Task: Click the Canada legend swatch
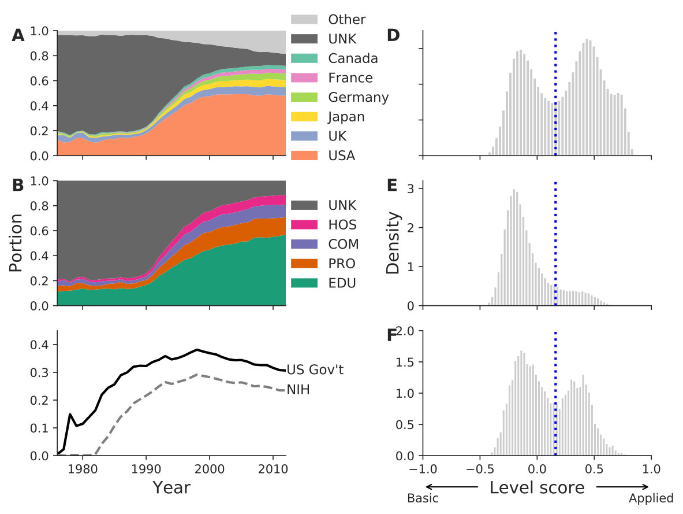[x=304, y=58]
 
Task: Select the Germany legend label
[x=358, y=97]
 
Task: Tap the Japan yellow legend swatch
[x=304, y=116]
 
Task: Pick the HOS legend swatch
[x=304, y=224]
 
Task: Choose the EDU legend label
[x=342, y=283]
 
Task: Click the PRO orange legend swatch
[x=304, y=264]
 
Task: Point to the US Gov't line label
[x=315, y=369]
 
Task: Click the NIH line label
[x=298, y=389]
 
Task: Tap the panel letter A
[x=18, y=35]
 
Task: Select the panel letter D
[x=393, y=35]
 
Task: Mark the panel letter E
[x=392, y=185]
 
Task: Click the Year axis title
[x=171, y=488]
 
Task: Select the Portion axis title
[x=16, y=243]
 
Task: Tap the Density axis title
[x=393, y=243]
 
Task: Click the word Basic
[x=423, y=498]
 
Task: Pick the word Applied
[x=651, y=498]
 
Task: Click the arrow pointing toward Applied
[x=623, y=487]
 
